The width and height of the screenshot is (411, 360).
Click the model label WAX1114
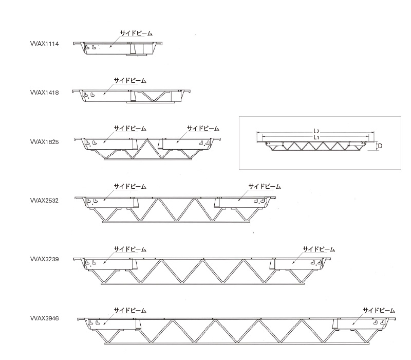click(x=45, y=44)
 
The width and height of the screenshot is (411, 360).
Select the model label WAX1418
click(x=45, y=93)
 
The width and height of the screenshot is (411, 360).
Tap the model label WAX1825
click(x=45, y=142)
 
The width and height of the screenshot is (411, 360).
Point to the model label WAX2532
click(x=45, y=201)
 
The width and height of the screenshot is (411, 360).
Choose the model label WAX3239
click(x=45, y=259)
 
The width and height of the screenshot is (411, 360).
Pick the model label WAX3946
click(x=45, y=318)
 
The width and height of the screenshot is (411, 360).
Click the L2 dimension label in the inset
click(x=316, y=131)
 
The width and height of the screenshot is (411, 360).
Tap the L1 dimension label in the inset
click(x=316, y=137)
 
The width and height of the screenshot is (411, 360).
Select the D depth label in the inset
click(x=380, y=146)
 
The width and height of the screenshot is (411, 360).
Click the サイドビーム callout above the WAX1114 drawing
click(x=136, y=33)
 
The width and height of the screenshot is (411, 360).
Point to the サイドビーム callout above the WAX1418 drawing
click(x=130, y=81)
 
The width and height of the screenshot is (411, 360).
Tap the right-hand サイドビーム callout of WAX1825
click(x=203, y=128)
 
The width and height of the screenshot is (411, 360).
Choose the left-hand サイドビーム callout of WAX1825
click(x=130, y=128)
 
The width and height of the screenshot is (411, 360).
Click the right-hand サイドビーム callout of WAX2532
click(x=265, y=187)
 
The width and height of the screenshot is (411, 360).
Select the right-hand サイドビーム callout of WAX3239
click(x=319, y=249)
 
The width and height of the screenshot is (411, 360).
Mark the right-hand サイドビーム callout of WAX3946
click(x=379, y=311)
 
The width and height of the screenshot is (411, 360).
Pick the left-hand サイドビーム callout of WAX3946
click(x=130, y=311)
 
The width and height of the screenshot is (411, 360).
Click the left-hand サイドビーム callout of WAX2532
click(x=130, y=187)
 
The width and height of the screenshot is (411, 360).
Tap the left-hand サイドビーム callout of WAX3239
click(x=130, y=249)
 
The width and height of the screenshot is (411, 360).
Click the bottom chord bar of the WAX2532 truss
click(x=176, y=222)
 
